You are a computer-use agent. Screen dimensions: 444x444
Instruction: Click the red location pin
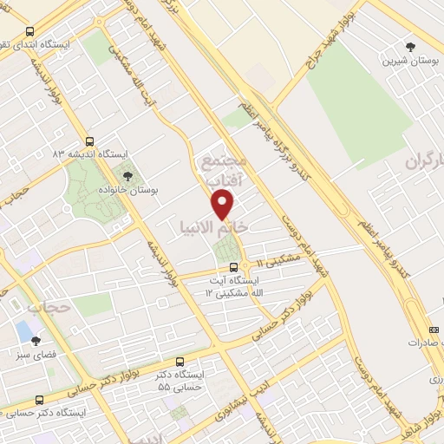[224, 205]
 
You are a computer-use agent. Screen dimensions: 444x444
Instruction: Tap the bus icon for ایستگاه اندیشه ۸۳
[91, 141]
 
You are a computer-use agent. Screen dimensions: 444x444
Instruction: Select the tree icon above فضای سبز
[36, 341]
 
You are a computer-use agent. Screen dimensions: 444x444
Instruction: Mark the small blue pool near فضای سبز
[23, 331]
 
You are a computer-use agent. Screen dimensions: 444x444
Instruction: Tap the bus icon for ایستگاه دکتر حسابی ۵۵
[180, 361]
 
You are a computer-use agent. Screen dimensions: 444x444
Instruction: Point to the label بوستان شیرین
[409, 62]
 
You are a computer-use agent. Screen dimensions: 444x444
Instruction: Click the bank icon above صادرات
[434, 329]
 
